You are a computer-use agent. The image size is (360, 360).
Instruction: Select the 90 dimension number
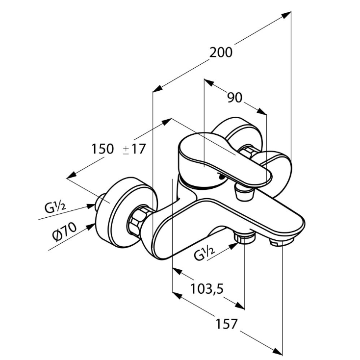(235, 98)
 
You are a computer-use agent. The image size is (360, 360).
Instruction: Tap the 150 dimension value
(103, 149)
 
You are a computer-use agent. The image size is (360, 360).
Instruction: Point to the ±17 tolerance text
(134, 149)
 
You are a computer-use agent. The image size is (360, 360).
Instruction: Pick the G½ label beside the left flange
(56, 206)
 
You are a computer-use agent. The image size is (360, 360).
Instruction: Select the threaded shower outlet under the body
(245, 238)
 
